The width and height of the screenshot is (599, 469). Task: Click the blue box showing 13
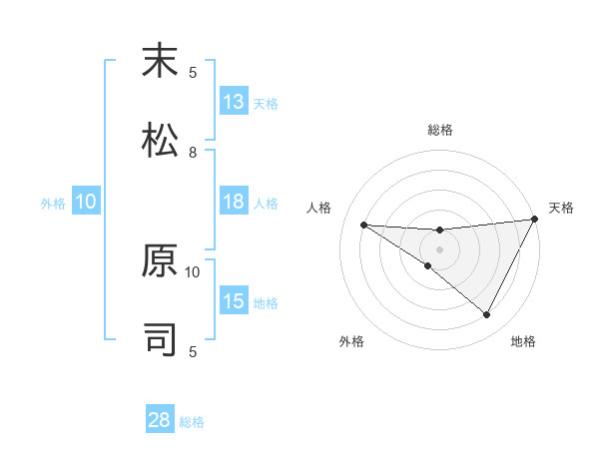pyautogui.click(x=234, y=102)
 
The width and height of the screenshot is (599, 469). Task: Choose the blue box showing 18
pyautogui.click(x=234, y=202)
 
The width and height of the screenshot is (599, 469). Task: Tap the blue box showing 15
pyautogui.click(x=234, y=302)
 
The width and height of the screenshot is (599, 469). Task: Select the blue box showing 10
pyautogui.click(x=86, y=203)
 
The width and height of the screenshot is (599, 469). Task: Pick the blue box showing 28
pyautogui.click(x=160, y=420)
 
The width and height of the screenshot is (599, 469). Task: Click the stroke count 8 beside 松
pyautogui.click(x=193, y=152)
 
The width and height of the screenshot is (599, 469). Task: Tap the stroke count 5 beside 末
pyautogui.click(x=193, y=72)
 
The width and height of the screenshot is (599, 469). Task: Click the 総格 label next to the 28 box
pyautogui.click(x=193, y=422)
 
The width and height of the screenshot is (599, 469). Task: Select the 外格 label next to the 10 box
pyautogui.click(x=53, y=204)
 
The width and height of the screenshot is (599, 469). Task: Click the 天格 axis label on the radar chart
pyautogui.click(x=561, y=208)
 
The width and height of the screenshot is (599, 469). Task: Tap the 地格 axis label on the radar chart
pyautogui.click(x=523, y=342)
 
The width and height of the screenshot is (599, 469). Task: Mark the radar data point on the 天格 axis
pyautogui.click(x=534, y=219)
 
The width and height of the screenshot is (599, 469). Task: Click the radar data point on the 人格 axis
pyautogui.click(x=363, y=225)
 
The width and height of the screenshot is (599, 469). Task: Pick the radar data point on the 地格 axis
pyautogui.click(x=487, y=315)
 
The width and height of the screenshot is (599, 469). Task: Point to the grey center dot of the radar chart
pyautogui.click(x=439, y=248)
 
